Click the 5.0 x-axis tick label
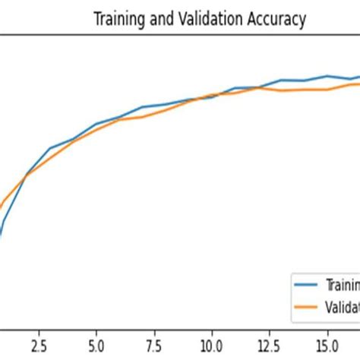click(96, 344)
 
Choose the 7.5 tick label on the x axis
click(153, 344)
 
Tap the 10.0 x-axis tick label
click(211, 344)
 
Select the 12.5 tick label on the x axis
click(269, 344)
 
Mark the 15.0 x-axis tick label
click(327, 344)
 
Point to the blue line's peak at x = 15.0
click(327, 76)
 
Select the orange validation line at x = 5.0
click(96, 130)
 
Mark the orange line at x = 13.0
click(281, 90)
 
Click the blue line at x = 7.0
click(142, 107)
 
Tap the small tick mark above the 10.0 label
click(211, 331)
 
